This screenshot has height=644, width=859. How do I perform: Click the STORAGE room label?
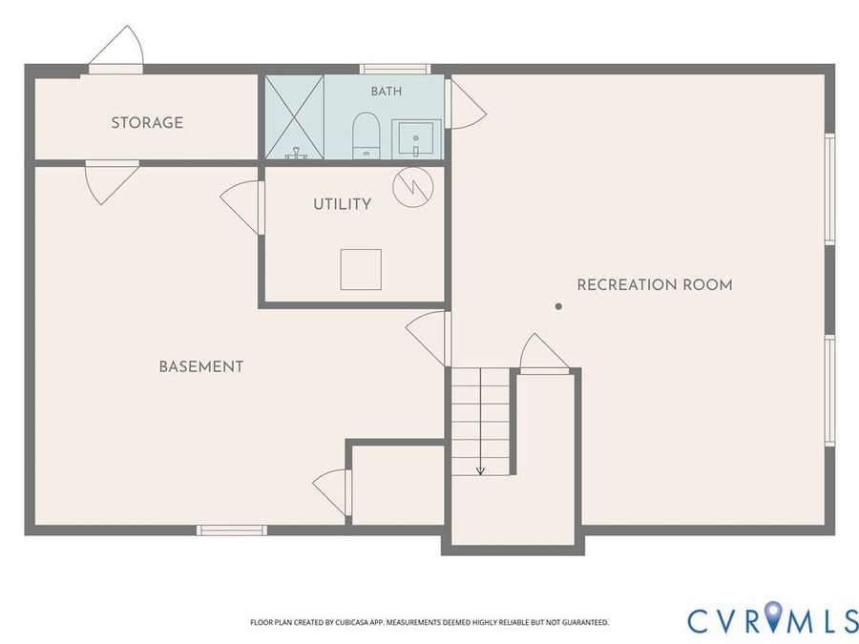pyautogui.click(x=147, y=123)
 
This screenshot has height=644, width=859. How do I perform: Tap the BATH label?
pyautogui.click(x=387, y=91)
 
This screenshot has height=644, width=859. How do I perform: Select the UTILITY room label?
pyautogui.click(x=343, y=204)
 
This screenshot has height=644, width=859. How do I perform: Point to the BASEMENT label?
pyautogui.click(x=201, y=366)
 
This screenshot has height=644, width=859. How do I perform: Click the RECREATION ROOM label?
pyautogui.click(x=655, y=284)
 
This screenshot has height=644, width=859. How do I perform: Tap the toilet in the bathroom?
pyautogui.click(x=366, y=135)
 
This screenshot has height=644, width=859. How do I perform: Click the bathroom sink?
pyautogui.click(x=416, y=138)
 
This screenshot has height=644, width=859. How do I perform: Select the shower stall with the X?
pyautogui.click(x=295, y=116)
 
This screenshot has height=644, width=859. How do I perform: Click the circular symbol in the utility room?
pyautogui.click(x=413, y=187)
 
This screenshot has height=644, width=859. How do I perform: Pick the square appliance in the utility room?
pyautogui.click(x=361, y=269)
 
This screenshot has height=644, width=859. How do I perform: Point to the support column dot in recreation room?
pyautogui.click(x=558, y=306)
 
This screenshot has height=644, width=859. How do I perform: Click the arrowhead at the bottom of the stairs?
pyautogui.click(x=480, y=470)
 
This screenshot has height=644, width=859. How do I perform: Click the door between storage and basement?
pyautogui.click(x=112, y=182)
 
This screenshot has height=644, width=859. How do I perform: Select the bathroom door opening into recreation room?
pyautogui.click(x=465, y=104)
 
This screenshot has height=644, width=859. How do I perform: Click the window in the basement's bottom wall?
pyautogui.click(x=232, y=530)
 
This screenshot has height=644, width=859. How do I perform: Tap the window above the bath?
pyautogui.click(x=394, y=69)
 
